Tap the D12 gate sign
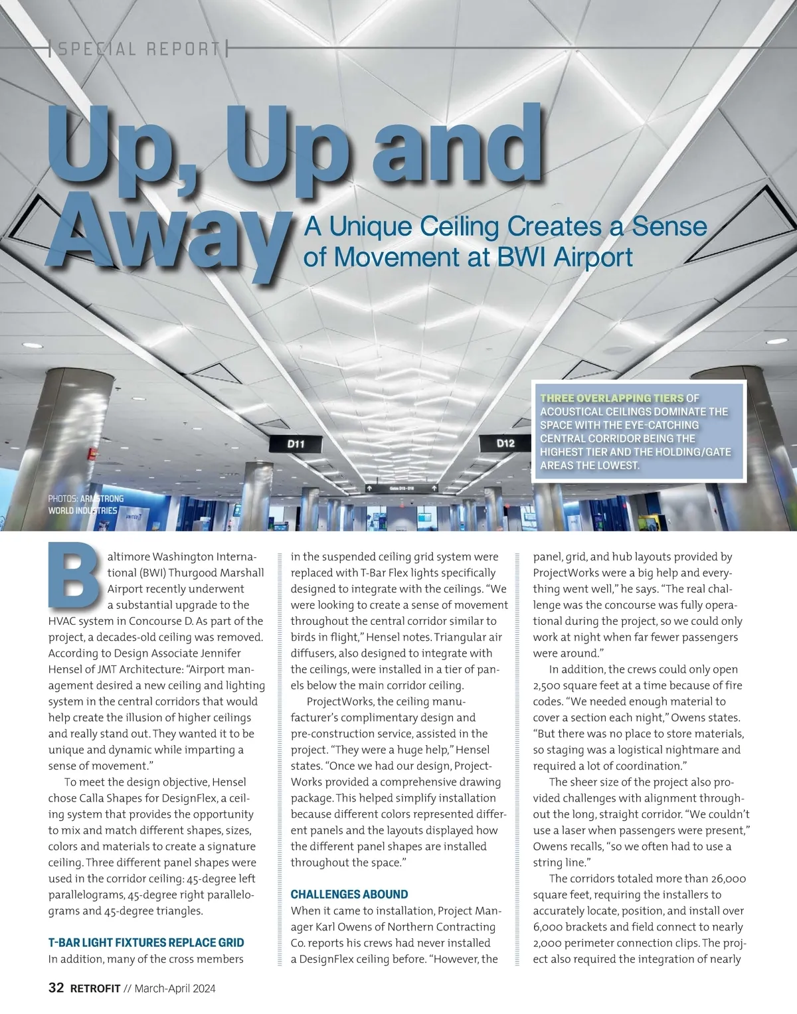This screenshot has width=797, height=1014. point(505,443)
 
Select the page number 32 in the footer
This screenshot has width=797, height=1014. point(56,988)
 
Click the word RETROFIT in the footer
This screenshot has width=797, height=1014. point(96,989)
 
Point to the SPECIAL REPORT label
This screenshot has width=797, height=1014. point(139,48)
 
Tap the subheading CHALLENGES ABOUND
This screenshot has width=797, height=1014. point(349,894)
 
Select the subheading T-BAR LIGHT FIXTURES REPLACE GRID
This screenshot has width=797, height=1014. point(146,942)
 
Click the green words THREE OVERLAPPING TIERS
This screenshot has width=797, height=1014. point(612,398)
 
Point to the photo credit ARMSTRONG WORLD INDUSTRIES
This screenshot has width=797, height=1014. point(86,504)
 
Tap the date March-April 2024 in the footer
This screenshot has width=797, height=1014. point(175,989)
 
